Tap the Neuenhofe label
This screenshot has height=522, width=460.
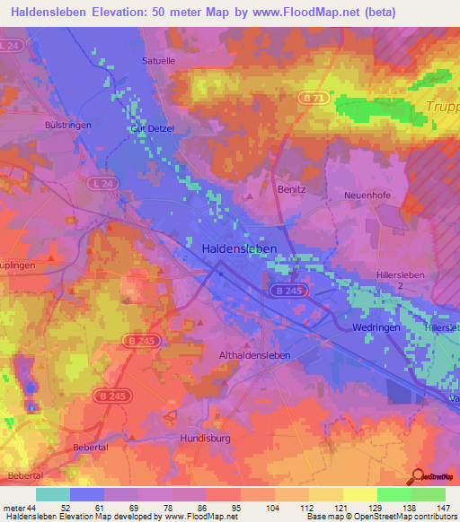pos(366,195)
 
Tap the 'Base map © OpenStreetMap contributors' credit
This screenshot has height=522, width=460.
pos(381,518)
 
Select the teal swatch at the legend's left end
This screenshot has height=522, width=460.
pos(53,494)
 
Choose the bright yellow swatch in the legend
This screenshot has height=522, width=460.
pos(359,494)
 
